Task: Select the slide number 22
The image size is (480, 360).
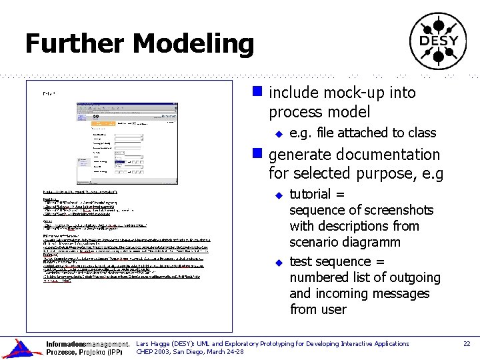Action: [x=467, y=344]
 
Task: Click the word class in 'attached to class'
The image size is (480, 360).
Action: [x=421, y=133]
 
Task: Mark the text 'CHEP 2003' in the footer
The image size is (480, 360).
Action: [x=153, y=352]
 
